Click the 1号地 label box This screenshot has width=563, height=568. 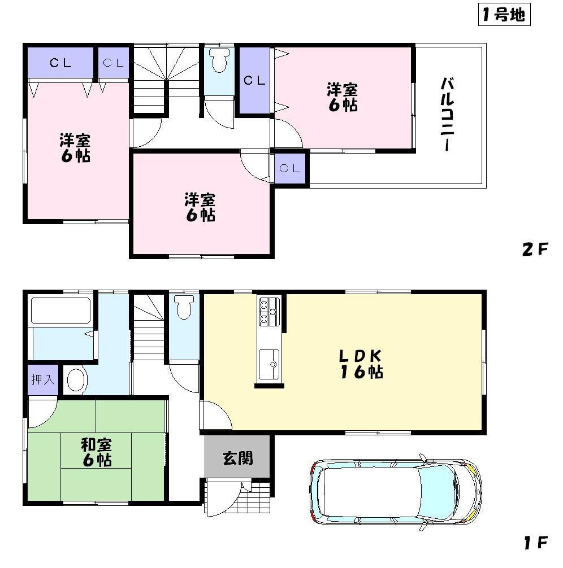click(503, 15)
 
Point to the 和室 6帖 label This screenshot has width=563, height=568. click(96, 452)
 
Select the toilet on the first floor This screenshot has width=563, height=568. click(183, 307)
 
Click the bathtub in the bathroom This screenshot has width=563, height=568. click(60, 310)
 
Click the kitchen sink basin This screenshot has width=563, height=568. click(268, 361)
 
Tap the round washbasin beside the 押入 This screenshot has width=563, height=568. click(75, 380)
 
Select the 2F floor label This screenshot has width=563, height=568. click(535, 249)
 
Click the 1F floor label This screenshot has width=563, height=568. click(535, 543)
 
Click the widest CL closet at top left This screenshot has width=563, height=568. click(60, 63)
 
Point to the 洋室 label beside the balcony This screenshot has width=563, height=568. click(343, 97)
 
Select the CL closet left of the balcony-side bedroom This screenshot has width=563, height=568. click(254, 81)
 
